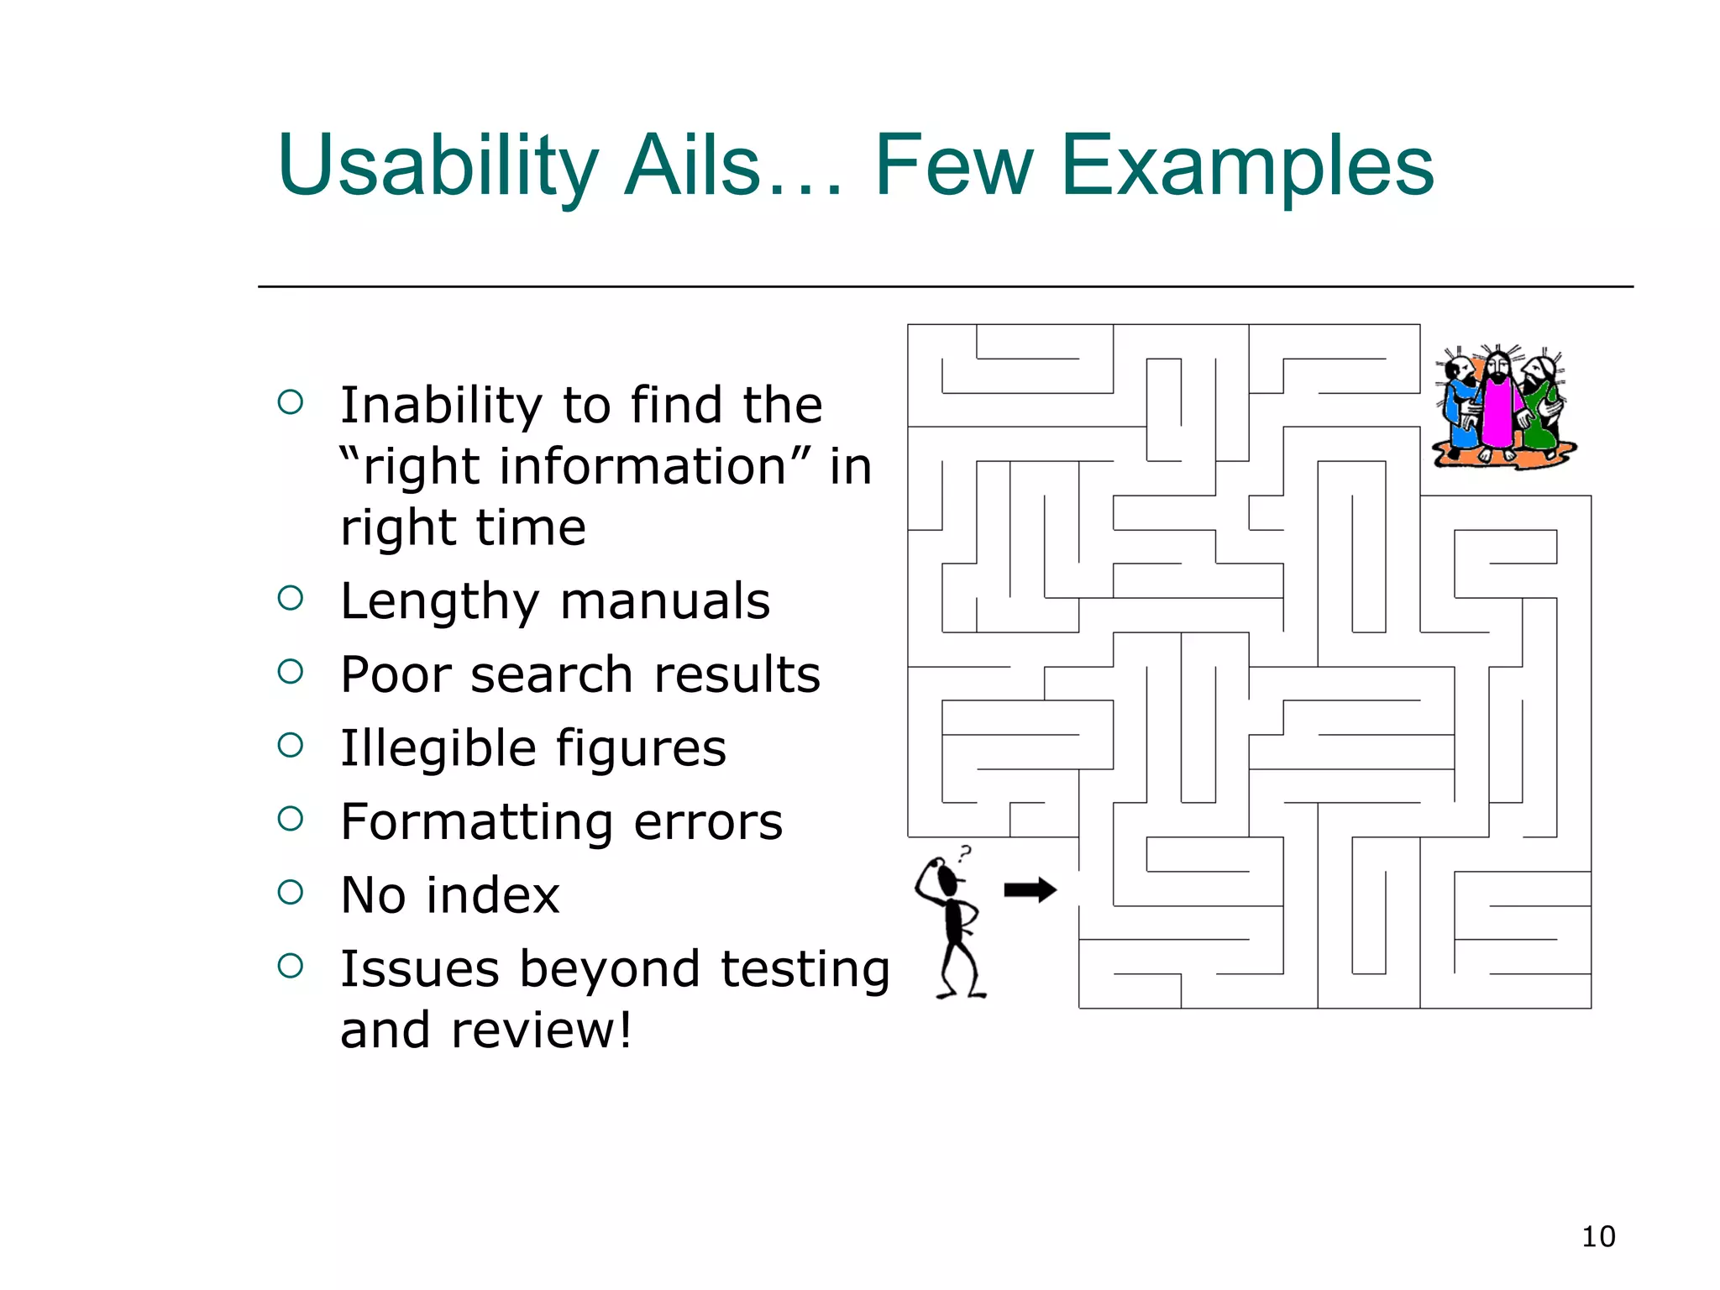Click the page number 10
click(1597, 1236)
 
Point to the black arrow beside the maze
click(1030, 889)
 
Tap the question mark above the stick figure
click(966, 855)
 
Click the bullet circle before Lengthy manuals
click(290, 598)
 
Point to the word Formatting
click(476, 822)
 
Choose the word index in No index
click(493, 895)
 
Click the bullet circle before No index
click(290, 892)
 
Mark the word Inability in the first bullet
click(442, 406)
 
